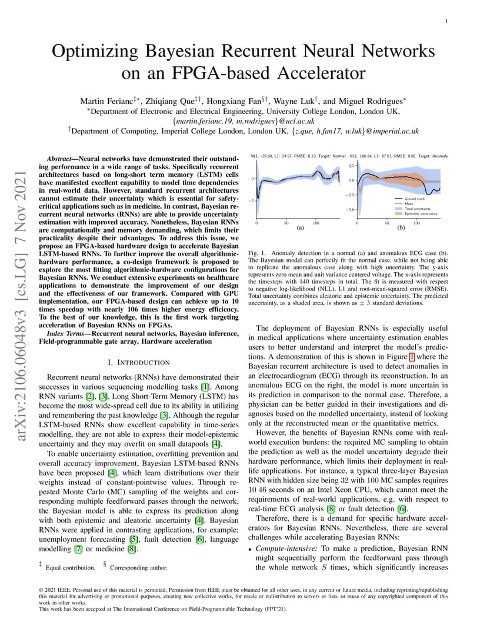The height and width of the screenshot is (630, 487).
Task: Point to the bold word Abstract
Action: pyautogui.click(x=61, y=159)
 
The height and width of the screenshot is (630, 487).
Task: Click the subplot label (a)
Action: pyautogui.click(x=299, y=227)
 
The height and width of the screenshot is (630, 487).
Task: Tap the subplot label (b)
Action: pyautogui.click(x=401, y=227)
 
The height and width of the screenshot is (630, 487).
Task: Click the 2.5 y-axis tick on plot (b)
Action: pyautogui.click(x=351, y=166)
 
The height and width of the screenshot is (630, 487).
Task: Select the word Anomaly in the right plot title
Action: pyautogui.click(x=440, y=156)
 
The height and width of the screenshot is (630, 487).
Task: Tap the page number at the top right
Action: pyautogui.click(x=446, y=21)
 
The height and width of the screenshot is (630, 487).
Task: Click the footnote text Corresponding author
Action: pyautogui.click(x=138, y=568)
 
